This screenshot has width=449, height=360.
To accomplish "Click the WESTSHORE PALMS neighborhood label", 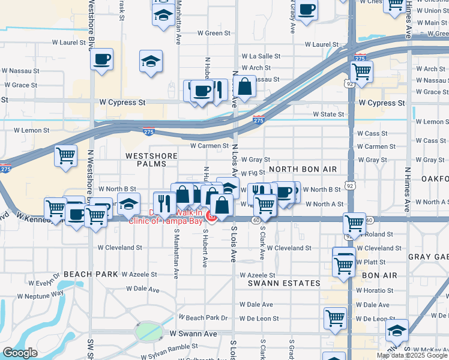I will tap(151, 160).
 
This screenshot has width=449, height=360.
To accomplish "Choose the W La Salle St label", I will tap(261, 56).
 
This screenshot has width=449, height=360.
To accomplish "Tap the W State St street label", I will tap(328, 114).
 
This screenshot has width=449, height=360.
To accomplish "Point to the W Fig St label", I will tap(263, 173).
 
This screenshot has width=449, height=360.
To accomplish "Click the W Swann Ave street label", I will tap(193, 333).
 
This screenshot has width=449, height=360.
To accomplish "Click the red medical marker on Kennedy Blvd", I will tap(211, 215).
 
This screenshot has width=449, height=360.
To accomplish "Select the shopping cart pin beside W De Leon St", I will tap(335, 318).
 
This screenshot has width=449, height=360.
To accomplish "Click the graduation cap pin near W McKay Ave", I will tap(396, 331).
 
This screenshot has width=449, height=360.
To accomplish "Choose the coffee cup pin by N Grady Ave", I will tap(307, 10).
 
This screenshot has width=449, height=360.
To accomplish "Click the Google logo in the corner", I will tap(20, 353).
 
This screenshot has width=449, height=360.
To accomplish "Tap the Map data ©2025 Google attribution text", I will tap(412, 355).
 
